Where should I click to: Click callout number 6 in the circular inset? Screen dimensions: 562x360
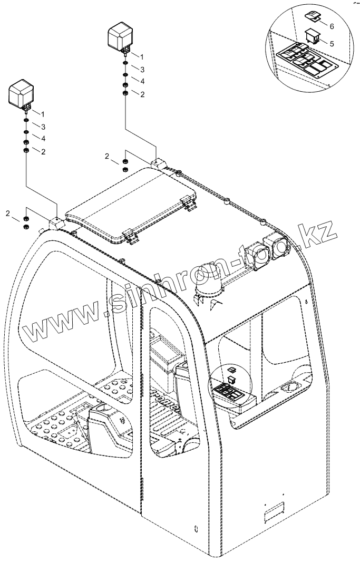[x=332, y=26]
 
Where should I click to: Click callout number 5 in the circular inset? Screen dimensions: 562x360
[x=332, y=44]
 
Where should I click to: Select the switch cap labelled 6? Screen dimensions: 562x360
[x=312, y=17]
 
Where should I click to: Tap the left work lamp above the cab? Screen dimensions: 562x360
[x=21, y=94]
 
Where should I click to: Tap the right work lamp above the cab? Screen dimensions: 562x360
[x=121, y=36]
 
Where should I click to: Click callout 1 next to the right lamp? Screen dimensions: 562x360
[x=141, y=56]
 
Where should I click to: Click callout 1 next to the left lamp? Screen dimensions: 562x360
[x=43, y=114]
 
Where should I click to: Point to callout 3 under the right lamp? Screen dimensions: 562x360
[x=141, y=69]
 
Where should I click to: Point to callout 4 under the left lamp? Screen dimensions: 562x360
[x=43, y=139]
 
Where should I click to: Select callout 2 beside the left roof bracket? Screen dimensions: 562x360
[x=7, y=213]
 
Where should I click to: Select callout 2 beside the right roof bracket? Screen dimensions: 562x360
[x=107, y=157]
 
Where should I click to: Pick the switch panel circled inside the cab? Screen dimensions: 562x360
[x=232, y=392]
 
